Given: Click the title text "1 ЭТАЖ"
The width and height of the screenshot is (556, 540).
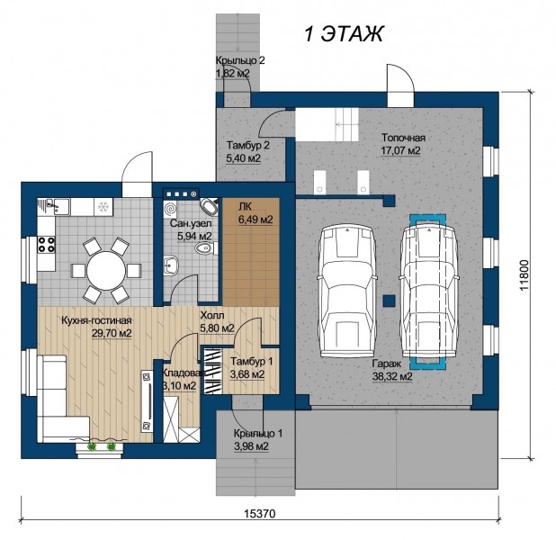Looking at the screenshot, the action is pyautogui.click(x=344, y=34).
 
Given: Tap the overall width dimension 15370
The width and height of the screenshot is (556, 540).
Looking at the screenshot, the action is pyautogui.click(x=260, y=513).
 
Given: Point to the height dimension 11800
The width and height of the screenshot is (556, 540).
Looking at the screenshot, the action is pyautogui.click(x=525, y=275).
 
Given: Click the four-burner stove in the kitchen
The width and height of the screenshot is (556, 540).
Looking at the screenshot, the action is pyautogui.click(x=47, y=245).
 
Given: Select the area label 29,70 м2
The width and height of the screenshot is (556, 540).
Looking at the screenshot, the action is pyautogui.click(x=112, y=334).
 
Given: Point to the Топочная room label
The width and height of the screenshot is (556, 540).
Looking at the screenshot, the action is pyautogui.click(x=403, y=138).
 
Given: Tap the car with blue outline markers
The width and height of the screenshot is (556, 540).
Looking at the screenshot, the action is pyautogui.click(x=428, y=290).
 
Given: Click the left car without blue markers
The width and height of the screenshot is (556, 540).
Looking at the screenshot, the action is pyautogui.click(x=347, y=290).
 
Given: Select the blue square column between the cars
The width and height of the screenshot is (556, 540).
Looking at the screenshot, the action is pyautogui.click(x=390, y=301).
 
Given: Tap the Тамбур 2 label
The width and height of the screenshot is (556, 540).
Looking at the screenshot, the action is pyautogui.click(x=247, y=146).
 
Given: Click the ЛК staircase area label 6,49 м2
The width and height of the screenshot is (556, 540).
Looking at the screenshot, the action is pyautogui.click(x=256, y=220).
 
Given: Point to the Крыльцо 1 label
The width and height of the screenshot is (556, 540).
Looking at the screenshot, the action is pyautogui.click(x=258, y=434).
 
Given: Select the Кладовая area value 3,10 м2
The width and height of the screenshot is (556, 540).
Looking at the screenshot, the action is pyautogui.click(x=179, y=386).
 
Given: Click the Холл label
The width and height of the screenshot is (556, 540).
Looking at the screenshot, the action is pyautogui.click(x=212, y=315).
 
